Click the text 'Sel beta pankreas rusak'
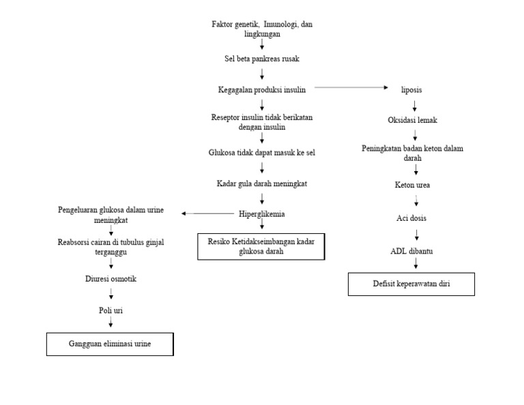(262, 59)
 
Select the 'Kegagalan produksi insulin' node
(262, 89)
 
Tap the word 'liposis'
(415, 89)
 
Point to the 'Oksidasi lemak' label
(413, 120)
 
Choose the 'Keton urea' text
(413, 185)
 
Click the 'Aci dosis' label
(413, 218)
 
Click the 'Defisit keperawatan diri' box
(411, 284)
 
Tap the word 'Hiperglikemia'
(262, 213)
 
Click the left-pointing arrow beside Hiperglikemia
(207, 213)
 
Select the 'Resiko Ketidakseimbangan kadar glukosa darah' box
(261, 246)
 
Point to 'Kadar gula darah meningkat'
(262, 183)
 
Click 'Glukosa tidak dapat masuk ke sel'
(262, 153)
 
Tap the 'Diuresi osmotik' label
(111, 278)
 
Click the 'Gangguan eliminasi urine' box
(110, 344)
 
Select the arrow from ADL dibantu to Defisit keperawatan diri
(416, 264)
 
